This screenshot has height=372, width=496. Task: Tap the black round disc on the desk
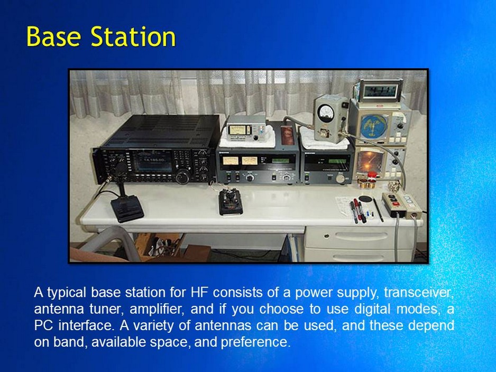coord(365,199)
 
